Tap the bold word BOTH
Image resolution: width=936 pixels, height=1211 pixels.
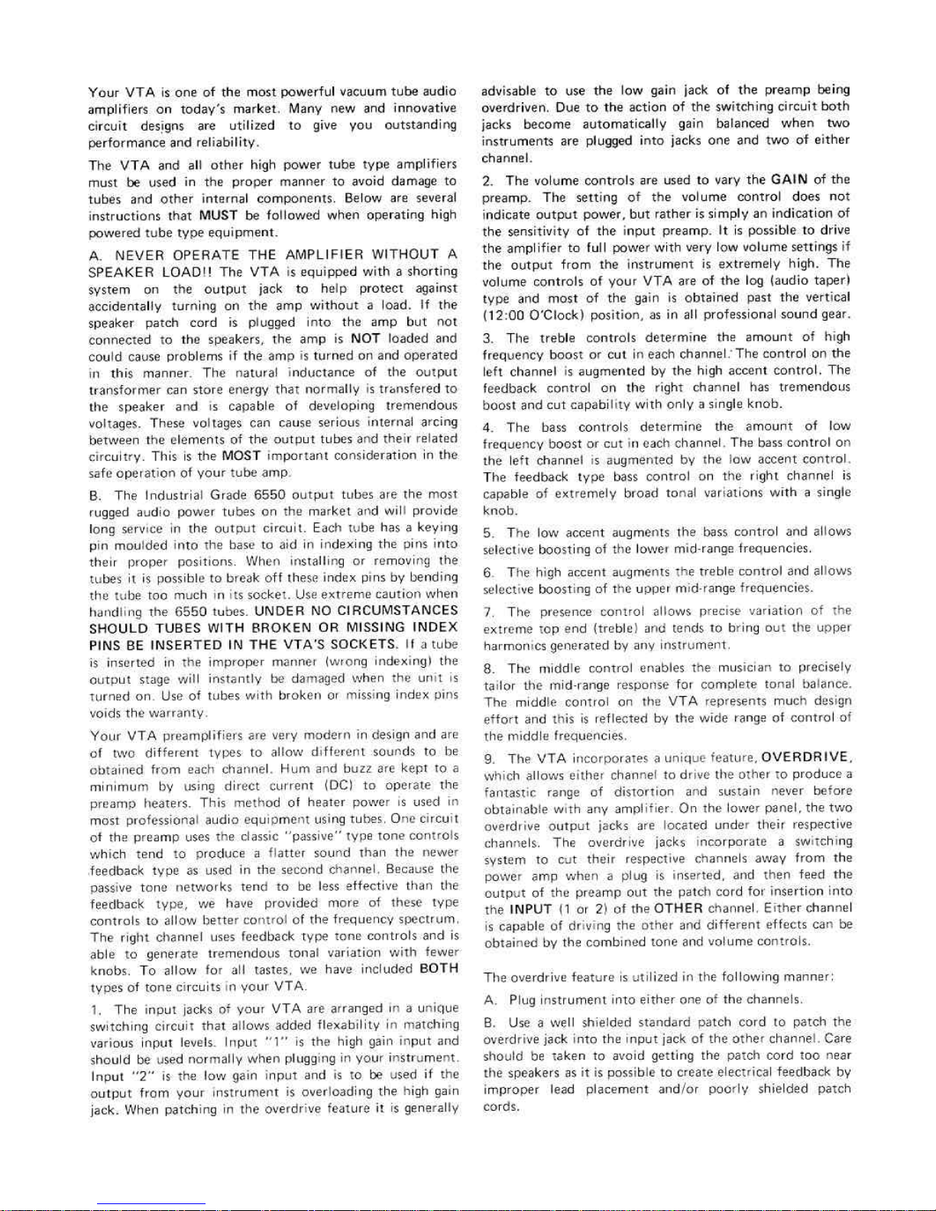pyautogui.click(x=439, y=969)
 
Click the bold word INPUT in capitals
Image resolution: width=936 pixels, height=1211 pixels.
pyautogui.click(x=529, y=908)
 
